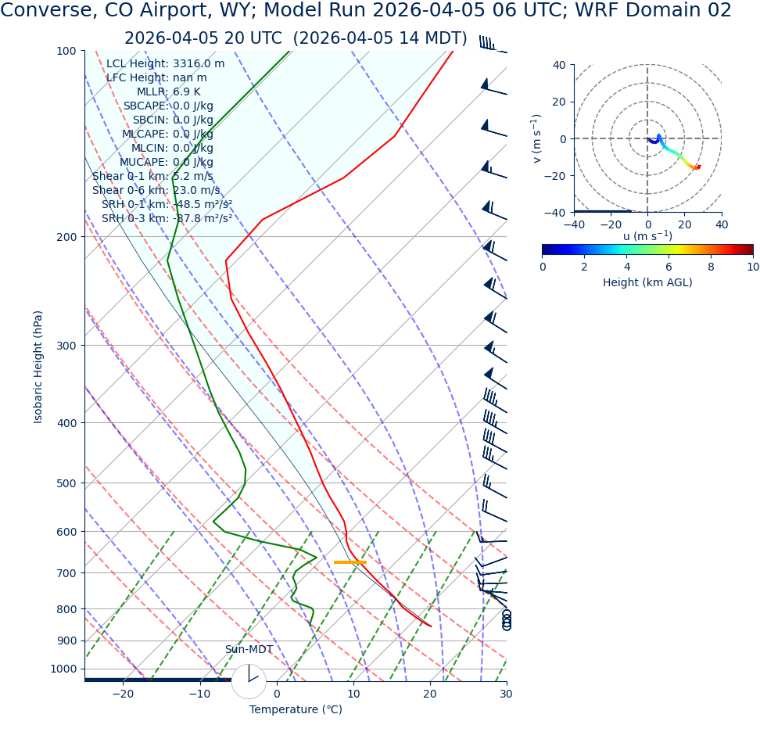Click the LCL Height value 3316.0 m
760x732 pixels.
pos(199,64)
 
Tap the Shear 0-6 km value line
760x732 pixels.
pos(156,191)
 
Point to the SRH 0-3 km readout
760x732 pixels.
pos(167,219)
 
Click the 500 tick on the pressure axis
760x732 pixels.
pos(65,483)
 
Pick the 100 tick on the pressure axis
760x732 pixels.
pos(65,51)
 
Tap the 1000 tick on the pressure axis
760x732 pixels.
pos(62,669)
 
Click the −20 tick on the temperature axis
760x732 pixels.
pos(123,694)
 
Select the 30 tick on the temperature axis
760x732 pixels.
pos(506,694)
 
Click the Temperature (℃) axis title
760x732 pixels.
pos(296,710)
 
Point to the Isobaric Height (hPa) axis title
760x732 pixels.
pos(38,367)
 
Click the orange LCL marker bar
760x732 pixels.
pos(350,562)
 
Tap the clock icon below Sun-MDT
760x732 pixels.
pos(249,681)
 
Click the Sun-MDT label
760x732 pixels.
pos(249,650)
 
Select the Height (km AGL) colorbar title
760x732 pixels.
pos(647,282)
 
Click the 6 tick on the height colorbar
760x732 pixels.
pos(669,267)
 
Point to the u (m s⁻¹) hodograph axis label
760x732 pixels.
pos(647,236)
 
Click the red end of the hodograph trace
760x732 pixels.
pos(698,167)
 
